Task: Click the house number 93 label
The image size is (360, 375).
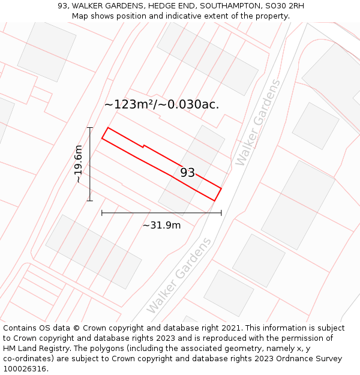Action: (188, 173)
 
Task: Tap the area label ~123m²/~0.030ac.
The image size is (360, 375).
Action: (161, 104)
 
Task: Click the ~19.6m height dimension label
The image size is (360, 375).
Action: (79, 164)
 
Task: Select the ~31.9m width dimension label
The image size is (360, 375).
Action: (161, 226)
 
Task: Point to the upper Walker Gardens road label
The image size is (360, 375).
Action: (258, 122)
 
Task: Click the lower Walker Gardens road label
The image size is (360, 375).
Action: (179, 275)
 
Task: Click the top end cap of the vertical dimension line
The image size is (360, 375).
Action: (90, 128)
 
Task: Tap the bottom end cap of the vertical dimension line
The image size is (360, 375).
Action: (90, 200)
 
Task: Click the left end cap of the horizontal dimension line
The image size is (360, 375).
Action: (102, 212)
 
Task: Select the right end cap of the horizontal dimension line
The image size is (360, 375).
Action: (221, 212)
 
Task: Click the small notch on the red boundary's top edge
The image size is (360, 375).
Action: (143, 145)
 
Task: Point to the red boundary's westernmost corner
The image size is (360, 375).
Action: (102, 139)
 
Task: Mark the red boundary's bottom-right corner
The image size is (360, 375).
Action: (215, 201)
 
